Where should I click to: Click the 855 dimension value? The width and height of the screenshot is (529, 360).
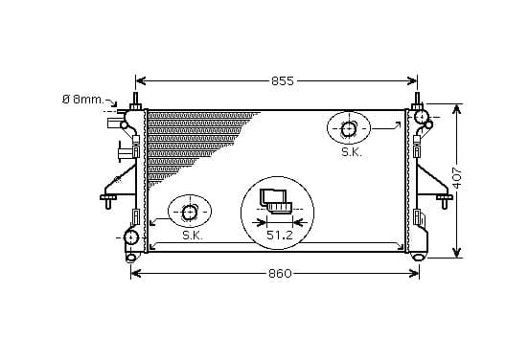point(283,81)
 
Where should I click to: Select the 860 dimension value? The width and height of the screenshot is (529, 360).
point(280,274)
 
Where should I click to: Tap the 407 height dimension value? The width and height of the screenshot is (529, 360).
point(457,178)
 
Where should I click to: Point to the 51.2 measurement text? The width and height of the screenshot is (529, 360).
point(280,235)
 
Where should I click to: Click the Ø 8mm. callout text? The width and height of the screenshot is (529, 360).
point(83,100)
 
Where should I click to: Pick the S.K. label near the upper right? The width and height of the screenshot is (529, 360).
point(352,152)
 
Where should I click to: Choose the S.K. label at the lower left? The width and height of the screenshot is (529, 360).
point(193,236)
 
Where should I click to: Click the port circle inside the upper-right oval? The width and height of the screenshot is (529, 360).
point(349,128)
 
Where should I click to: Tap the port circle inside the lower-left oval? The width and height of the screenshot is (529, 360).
point(189,213)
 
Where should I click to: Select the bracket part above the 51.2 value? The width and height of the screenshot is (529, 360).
point(276,202)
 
